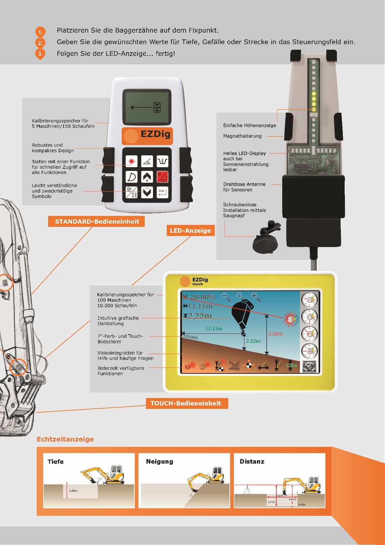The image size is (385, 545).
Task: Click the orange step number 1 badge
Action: (x=40, y=32)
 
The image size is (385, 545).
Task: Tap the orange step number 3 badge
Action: (x=40, y=53)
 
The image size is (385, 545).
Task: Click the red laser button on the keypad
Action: (x=131, y=161)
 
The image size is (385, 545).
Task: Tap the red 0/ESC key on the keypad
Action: (x=162, y=177)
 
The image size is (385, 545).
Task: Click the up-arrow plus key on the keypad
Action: (x=147, y=177)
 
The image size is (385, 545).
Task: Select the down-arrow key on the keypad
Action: (x=147, y=192)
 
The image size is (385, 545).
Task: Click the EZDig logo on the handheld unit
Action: (x=147, y=135)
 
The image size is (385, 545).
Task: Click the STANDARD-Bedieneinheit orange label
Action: (x=97, y=222)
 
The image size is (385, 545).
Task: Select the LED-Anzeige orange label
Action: (x=190, y=231)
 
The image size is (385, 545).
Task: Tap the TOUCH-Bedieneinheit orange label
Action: (x=186, y=403)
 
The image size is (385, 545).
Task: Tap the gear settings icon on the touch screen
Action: (x=309, y=366)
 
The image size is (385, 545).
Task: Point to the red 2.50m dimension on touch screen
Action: (x=275, y=334)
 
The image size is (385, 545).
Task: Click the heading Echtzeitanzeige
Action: (x=65, y=439)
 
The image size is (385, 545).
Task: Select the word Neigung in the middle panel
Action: (x=160, y=461)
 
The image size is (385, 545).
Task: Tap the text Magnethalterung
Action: (x=242, y=136)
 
